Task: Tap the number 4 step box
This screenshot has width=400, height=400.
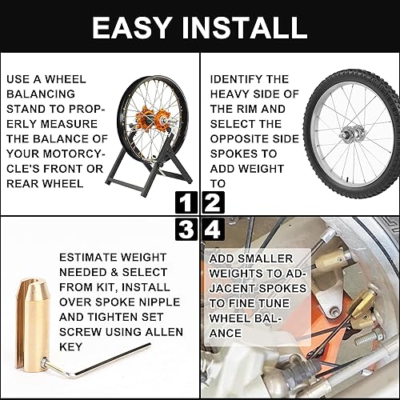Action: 212,230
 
